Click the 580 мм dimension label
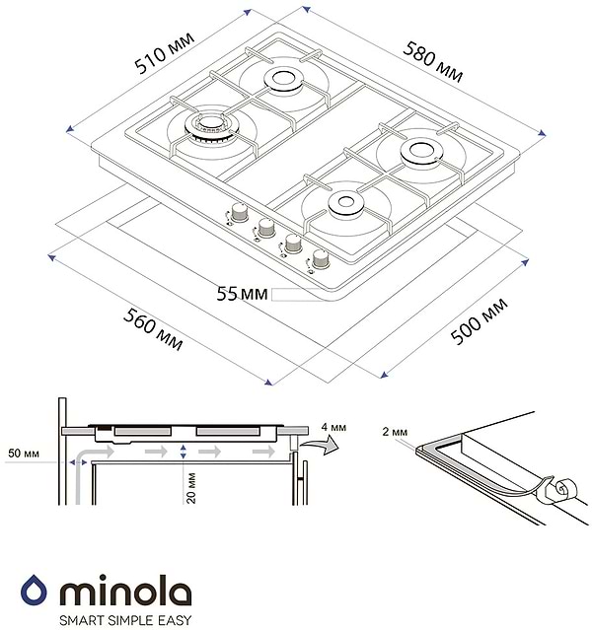(432, 64)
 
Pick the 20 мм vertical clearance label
(188, 486)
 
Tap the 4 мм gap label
(333, 427)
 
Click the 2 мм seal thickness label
(394, 432)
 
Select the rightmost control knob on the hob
(321, 261)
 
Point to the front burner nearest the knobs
(345, 204)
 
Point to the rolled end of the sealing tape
(562, 486)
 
